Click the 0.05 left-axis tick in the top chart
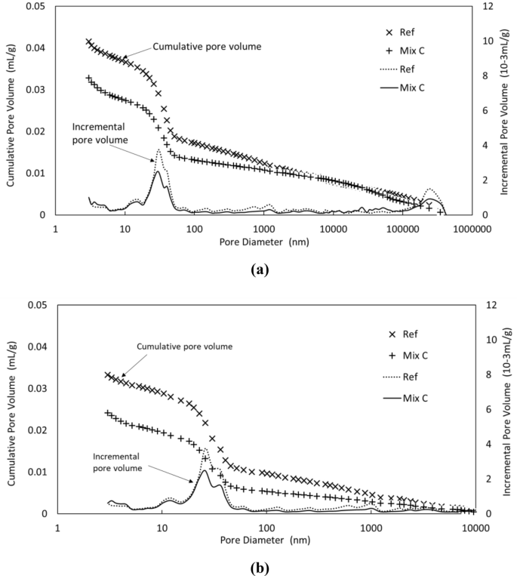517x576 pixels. (35, 6)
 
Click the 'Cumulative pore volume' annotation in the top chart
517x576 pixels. (207, 47)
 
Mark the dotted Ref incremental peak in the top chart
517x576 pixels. (158, 149)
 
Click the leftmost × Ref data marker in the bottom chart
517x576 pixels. (108, 375)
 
